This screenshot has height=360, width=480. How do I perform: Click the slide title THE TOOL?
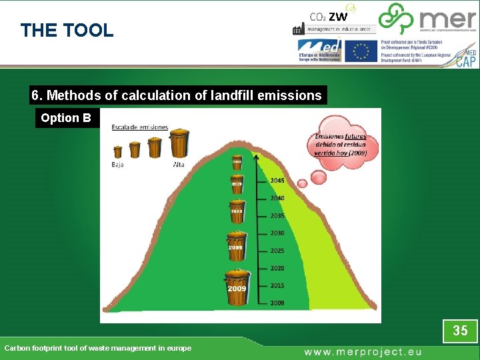[67, 30]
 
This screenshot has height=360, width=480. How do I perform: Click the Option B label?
[66, 118]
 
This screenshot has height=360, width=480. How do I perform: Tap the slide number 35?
[460, 330]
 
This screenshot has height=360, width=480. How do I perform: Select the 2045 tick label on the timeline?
[277, 181]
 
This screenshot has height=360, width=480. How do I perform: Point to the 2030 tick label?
[277, 233]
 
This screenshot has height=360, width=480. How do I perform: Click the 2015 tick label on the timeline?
[277, 285]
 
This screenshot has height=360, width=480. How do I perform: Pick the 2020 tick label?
[277, 268]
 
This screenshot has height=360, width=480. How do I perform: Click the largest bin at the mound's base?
[237, 287]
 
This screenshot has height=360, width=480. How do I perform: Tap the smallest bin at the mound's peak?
[237, 162]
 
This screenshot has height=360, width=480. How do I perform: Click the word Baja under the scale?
[118, 164]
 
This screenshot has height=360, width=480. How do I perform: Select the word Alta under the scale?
[179, 164]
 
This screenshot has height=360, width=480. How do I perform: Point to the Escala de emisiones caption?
[140, 127]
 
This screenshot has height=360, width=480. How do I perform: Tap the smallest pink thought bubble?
[302, 183]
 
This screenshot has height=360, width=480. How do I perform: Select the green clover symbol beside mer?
[396, 19]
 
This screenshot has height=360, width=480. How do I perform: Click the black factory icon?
[298, 29]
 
